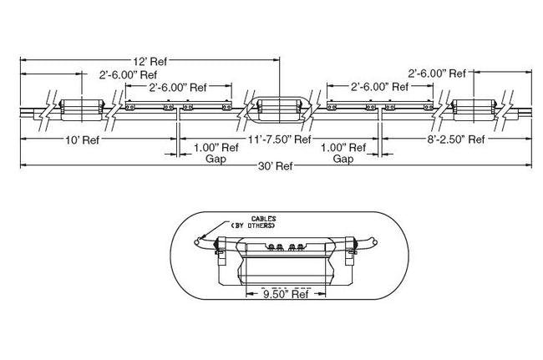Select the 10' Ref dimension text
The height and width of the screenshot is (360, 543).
pyautogui.click(x=82, y=139)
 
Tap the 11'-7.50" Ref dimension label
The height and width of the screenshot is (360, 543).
pyautogui.click(x=280, y=139)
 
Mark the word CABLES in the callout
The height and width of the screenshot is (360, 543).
pyautogui.click(x=264, y=219)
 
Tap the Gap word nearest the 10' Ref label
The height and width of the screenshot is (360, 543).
pyautogui.click(x=204, y=158)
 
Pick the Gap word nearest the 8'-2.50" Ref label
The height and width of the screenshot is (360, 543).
pyautogui.click(x=343, y=158)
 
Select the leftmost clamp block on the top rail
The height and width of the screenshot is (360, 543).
pyautogui.click(x=80, y=108)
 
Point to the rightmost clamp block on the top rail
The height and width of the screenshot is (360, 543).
pyautogui.click(x=474, y=108)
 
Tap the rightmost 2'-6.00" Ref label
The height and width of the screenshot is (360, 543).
pyautogui.click(x=437, y=73)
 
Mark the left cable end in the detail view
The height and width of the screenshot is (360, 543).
pyautogui.click(x=196, y=243)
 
